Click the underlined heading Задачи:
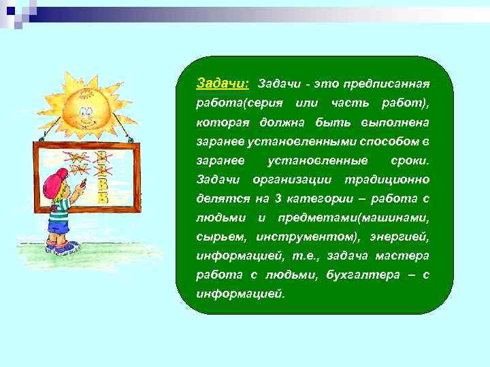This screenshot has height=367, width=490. [x=223, y=83]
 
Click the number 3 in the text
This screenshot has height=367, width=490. [x=278, y=198]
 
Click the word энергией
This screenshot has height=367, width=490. [x=400, y=237]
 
